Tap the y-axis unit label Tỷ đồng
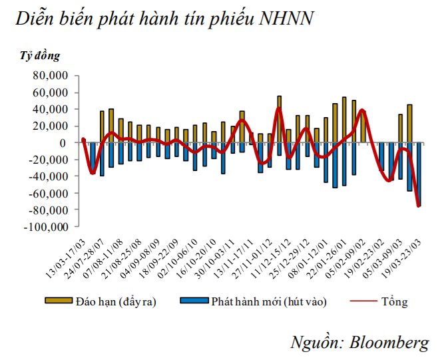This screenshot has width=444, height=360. (x=39, y=55)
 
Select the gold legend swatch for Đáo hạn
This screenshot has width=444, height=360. (x=55, y=301)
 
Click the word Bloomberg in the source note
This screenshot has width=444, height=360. (x=388, y=343)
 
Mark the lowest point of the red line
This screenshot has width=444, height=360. (x=419, y=206)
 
